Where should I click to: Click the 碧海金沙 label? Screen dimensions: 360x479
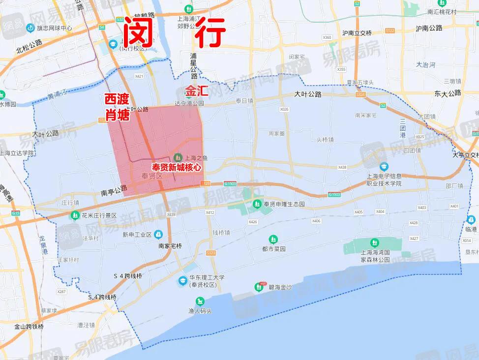(x=280, y=287)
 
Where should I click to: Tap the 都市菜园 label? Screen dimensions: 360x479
(x=273, y=249)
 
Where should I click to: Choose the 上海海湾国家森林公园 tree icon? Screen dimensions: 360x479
(x=375, y=243)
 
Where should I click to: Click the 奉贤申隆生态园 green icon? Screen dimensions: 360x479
(x=256, y=204)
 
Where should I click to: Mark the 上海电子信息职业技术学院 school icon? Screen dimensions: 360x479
(x=384, y=167)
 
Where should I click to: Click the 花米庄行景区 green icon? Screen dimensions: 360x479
(x=74, y=215)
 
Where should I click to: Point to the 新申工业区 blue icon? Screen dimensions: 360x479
(x=158, y=234)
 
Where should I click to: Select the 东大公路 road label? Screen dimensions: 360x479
(x=448, y=93)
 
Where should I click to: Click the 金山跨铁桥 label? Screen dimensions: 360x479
(x=29, y=327)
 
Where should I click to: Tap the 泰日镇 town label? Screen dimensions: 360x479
(x=244, y=100)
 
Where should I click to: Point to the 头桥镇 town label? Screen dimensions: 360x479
(x=325, y=139)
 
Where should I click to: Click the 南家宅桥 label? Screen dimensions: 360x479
(x=170, y=246)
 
